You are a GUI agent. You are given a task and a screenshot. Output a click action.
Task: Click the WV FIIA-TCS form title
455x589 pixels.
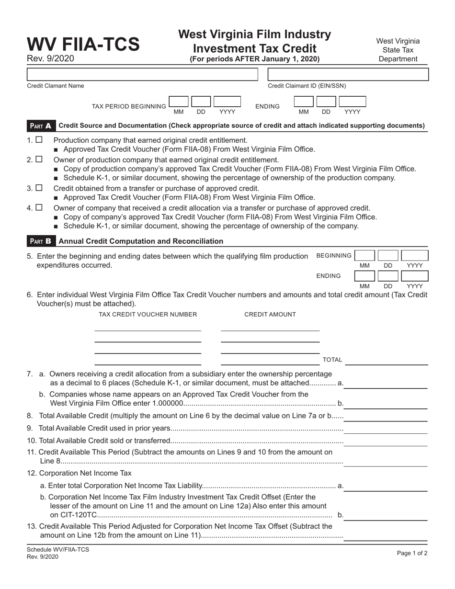click(83, 44)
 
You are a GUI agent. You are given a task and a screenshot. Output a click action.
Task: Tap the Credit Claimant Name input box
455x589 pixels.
click(142, 74)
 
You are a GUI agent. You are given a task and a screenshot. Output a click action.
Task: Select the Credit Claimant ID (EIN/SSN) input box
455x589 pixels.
click(348, 74)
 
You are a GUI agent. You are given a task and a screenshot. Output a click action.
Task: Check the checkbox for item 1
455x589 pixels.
click(39, 140)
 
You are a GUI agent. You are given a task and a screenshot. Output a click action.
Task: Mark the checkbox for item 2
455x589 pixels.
click(39, 159)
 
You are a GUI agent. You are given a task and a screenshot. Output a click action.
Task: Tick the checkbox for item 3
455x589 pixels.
click(39, 188)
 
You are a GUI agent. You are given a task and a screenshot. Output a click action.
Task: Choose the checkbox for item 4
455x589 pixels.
click(39, 207)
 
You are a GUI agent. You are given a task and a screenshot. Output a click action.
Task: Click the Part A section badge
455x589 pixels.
click(41, 126)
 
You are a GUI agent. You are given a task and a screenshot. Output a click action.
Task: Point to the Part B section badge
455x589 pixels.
click(41, 241)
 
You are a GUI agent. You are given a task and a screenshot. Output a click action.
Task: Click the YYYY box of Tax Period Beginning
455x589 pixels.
click(227, 102)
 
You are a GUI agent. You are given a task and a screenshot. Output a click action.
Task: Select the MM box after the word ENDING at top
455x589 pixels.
click(303, 102)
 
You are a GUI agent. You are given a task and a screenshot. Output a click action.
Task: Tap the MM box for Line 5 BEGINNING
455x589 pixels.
click(364, 255)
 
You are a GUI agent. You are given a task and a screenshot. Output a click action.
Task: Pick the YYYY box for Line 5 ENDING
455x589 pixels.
click(414, 276)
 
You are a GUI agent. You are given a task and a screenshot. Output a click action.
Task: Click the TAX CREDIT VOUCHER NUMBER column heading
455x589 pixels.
click(148, 314)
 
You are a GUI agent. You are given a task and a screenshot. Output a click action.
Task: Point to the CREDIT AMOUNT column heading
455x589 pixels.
click(270, 314)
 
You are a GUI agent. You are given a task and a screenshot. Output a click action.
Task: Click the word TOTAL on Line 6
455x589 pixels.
click(332, 360)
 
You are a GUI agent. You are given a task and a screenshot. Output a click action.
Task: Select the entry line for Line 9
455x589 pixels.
click(386, 428)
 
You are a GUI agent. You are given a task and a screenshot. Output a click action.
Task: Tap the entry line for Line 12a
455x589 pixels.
click(386, 486)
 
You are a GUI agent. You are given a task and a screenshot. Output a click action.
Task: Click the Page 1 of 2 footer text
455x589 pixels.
click(412, 553)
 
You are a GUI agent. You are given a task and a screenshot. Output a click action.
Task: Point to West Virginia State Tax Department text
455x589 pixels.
click(398, 50)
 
